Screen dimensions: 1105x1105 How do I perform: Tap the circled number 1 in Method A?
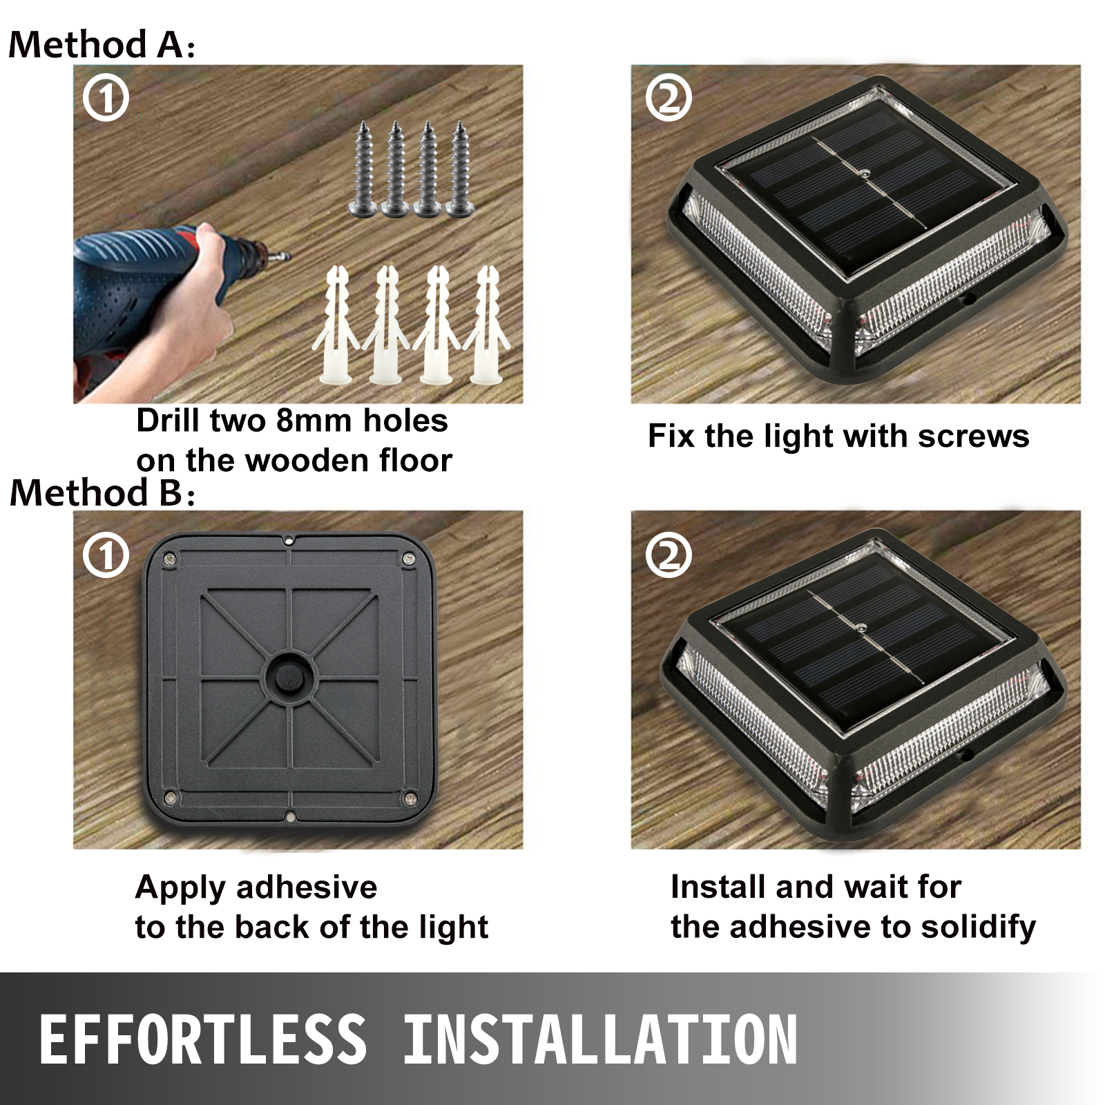pos(106,99)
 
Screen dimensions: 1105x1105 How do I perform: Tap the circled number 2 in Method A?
pos(668,99)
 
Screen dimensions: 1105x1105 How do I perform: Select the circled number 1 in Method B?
pos(106,555)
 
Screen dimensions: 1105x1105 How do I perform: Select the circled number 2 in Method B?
pos(668,555)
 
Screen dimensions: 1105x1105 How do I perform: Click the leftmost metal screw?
pos(364,169)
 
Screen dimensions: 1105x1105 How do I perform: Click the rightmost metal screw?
pos(459,169)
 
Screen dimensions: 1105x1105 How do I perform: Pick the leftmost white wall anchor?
pos(336,325)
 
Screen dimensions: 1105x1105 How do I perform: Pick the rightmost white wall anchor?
pos(487,325)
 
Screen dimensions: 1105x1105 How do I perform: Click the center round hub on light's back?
pos(289,678)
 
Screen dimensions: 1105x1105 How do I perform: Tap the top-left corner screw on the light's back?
pos(168,559)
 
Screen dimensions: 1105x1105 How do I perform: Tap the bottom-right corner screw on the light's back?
pos(411,799)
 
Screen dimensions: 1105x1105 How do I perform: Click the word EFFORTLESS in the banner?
pos(202,1040)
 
